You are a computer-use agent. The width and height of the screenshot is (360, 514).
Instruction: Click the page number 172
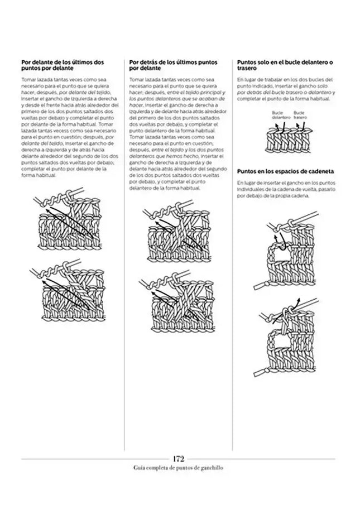pyautogui.click(x=179, y=458)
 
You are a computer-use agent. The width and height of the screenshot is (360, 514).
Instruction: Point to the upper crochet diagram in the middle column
pyautogui.click(x=177, y=234)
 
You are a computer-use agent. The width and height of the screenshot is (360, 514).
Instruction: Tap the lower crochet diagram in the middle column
pyautogui.click(x=177, y=302)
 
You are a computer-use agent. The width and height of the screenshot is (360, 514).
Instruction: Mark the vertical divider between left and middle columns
pyautogui.click(x=123, y=251)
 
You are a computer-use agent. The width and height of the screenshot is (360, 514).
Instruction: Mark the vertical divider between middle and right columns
pyautogui.click(x=232, y=251)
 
